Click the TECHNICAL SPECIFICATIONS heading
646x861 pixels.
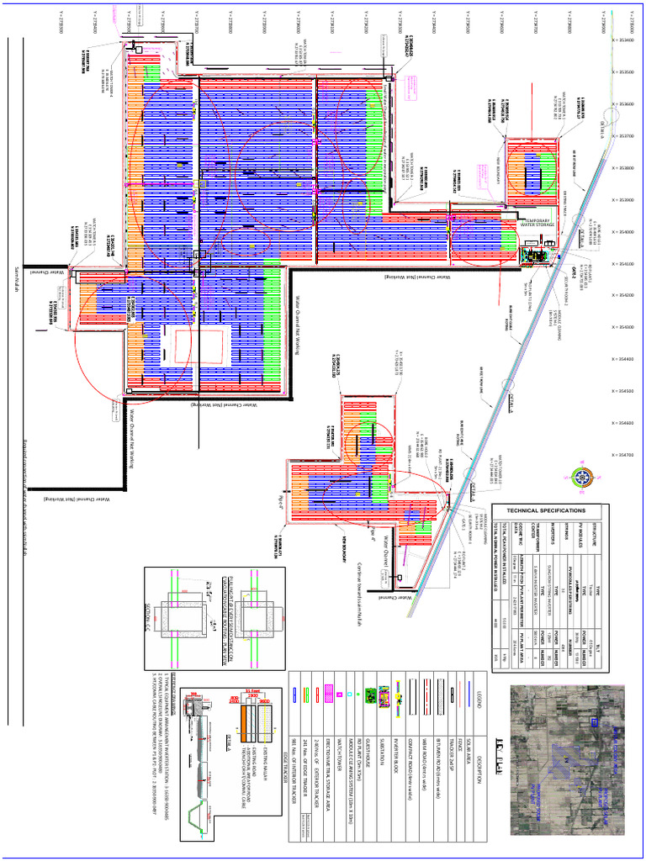543,511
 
